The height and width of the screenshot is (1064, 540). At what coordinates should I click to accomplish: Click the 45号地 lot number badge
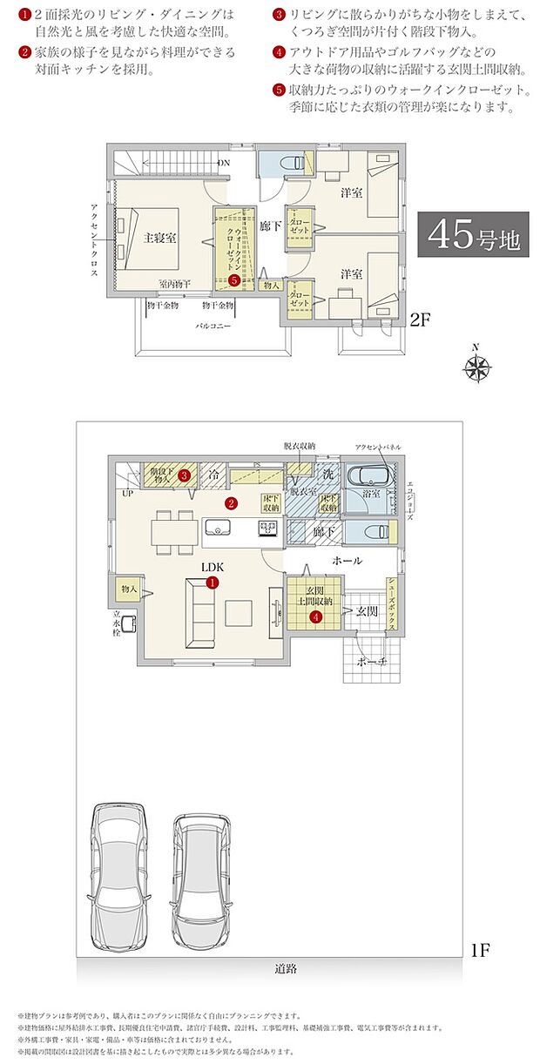(474, 235)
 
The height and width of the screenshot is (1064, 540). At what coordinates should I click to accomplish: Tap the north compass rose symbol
(476, 367)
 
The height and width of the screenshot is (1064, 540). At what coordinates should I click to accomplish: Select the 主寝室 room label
(159, 238)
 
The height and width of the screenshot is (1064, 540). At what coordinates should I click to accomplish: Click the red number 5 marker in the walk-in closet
(235, 280)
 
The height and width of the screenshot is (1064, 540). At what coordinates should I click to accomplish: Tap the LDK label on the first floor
(213, 567)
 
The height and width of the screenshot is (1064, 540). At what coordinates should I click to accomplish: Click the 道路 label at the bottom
(285, 968)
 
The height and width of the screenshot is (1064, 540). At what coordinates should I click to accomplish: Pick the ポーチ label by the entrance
(373, 662)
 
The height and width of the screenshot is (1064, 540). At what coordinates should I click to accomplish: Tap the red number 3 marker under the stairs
(185, 475)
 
